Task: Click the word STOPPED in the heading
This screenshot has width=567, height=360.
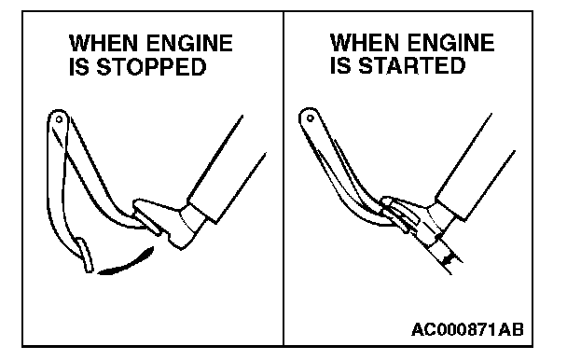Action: tap(151, 67)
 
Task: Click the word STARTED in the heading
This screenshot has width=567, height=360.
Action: tap(412, 65)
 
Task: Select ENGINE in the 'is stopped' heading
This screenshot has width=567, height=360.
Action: tap(190, 43)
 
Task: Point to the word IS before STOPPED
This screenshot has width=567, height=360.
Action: tap(79, 67)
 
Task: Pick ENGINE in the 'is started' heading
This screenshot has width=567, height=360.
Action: tap(451, 42)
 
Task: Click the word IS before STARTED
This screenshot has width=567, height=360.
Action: tap(340, 65)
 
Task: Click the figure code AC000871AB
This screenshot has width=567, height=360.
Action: tap(467, 329)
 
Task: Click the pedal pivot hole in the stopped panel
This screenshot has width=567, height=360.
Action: tap(59, 119)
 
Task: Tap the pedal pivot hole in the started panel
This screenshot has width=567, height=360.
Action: tap(310, 118)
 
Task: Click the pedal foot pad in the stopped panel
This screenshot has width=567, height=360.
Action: tap(85, 256)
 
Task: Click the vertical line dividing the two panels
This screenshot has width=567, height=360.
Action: tap(283, 179)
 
